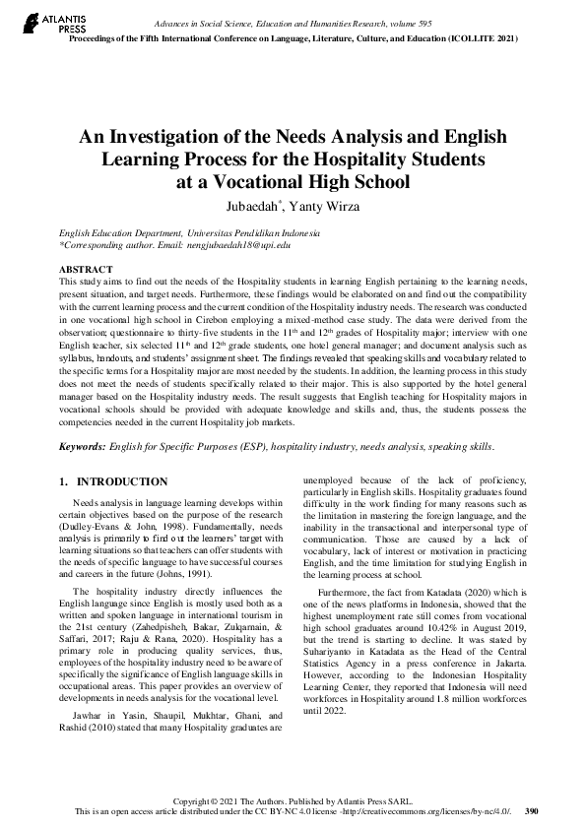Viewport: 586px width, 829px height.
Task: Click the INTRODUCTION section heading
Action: [121, 481]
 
